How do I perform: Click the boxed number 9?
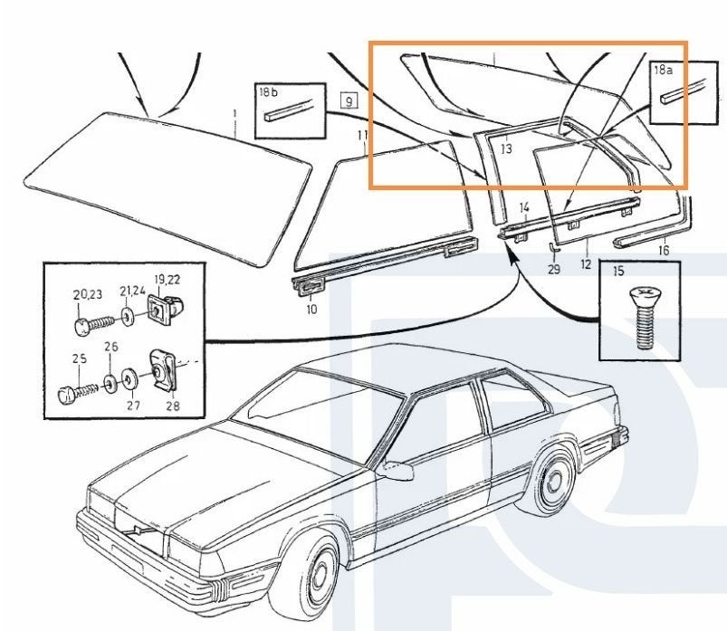pyautogui.click(x=349, y=100)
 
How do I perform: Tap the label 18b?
pyautogui.click(x=269, y=92)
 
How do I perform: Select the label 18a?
pyautogui.click(x=663, y=70)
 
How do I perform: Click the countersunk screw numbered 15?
pyautogui.click(x=645, y=318)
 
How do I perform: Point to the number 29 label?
pyautogui.click(x=554, y=269)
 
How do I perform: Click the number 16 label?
pyautogui.click(x=664, y=251)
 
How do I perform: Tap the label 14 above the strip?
pyautogui.click(x=524, y=207)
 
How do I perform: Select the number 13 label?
pyautogui.click(x=506, y=148)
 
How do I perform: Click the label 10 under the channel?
pyautogui.click(x=312, y=309)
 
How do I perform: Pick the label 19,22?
pyautogui.click(x=167, y=280)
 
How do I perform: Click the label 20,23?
pyautogui.click(x=87, y=294)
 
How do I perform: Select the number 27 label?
pyautogui.click(x=133, y=406)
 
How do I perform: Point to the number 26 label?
pyautogui.click(x=111, y=347)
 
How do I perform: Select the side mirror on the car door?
pyautogui.click(x=396, y=469)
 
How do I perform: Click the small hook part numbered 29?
pyautogui.click(x=553, y=246)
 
